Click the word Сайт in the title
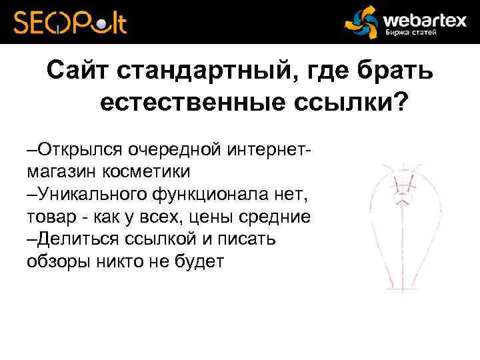tap(79, 71)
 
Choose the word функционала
tap(207, 194)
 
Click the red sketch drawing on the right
tap(401, 227)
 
